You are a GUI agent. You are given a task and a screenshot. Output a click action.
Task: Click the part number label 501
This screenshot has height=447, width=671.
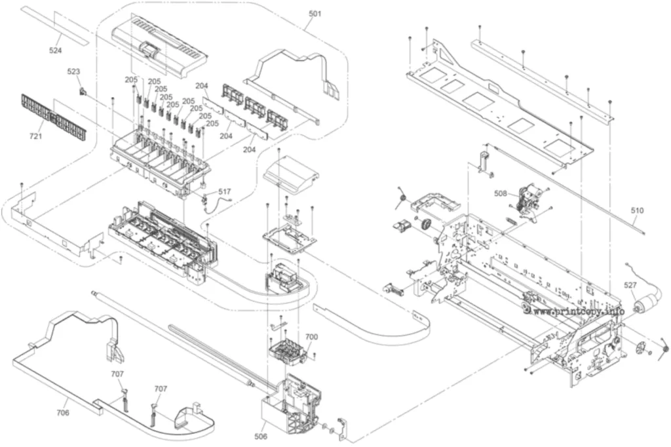pyautogui.click(x=315, y=14)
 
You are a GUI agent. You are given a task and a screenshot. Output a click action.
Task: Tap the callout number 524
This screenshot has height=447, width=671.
pyautogui.click(x=55, y=50)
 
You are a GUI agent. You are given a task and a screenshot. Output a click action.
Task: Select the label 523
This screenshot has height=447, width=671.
pyautogui.click(x=73, y=71)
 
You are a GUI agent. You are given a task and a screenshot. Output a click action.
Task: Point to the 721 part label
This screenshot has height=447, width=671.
pyautogui.click(x=35, y=136)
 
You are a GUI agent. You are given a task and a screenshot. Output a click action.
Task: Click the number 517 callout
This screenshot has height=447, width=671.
pyautogui.click(x=224, y=191)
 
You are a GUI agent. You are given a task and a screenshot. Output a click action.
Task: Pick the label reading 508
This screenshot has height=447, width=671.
pyautogui.click(x=500, y=193)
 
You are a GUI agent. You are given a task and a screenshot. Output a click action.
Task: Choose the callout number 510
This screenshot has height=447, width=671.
pyautogui.click(x=637, y=210)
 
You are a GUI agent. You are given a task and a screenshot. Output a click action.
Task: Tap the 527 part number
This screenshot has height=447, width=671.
pyautogui.click(x=630, y=285)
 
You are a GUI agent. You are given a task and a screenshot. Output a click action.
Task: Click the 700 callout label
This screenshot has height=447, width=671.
pyautogui.click(x=311, y=337)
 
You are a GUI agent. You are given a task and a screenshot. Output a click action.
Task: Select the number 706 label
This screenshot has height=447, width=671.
pyautogui.click(x=62, y=413)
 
